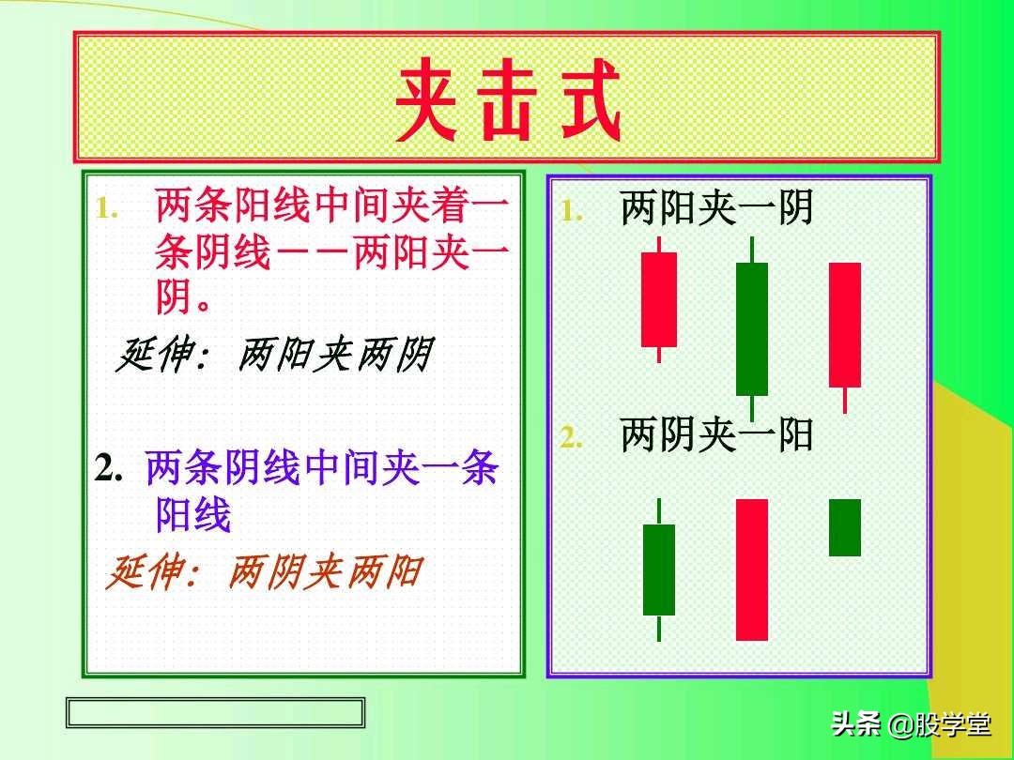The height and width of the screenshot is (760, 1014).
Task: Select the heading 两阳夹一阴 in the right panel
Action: click(715, 209)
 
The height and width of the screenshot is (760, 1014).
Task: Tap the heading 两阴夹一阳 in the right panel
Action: click(715, 435)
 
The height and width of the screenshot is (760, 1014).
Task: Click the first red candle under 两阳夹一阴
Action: click(659, 299)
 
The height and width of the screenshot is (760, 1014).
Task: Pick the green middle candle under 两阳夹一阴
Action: click(752, 328)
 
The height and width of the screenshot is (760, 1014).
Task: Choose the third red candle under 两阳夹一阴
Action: click(845, 325)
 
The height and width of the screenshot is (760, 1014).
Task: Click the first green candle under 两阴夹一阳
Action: click(659, 570)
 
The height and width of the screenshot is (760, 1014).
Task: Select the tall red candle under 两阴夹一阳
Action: click(752, 570)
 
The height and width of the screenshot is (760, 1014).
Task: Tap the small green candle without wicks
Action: click(845, 527)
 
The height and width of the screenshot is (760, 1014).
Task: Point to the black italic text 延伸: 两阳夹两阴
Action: click(272, 356)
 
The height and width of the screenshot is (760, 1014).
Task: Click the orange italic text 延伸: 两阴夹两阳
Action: click(263, 571)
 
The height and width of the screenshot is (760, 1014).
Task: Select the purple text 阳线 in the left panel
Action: click(193, 515)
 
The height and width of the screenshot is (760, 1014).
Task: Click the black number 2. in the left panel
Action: click(111, 468)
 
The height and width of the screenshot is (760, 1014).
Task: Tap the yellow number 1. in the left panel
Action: click(106, 209)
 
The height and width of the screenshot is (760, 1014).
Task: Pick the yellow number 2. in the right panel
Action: click(572, 438)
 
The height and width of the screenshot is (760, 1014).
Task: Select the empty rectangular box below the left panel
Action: click(215, 712)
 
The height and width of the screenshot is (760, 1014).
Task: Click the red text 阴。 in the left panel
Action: click(183, 299)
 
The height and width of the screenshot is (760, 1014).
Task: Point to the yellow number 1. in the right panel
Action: click(572, 212)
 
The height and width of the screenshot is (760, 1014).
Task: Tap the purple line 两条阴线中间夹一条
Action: click(322, 468)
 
